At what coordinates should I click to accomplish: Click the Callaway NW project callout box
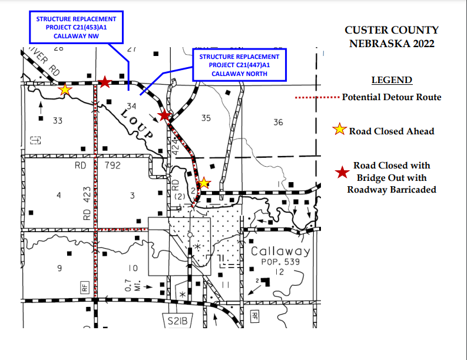pyautogui.click(x=77, y=27)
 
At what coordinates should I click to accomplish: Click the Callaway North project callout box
pyautogui.click(x=239, y=65)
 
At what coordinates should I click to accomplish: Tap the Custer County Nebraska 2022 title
pyautogui.click(x=392, y=37)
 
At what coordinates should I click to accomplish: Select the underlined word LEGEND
pyautogui.click(x=392, y=80)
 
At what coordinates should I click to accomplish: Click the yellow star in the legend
pyautogui.click(x=339, y=130)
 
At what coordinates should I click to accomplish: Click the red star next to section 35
pyautogui.click(x=164, y=115)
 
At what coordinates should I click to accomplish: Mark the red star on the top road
pyautogui.click(x=105, y=82)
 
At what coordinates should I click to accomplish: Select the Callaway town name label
pyautogui.click(x=280, y=252)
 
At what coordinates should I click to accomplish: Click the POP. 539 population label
pyautogui.click(x=280, y=262)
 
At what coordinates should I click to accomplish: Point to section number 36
pyautogui.click(x=278, y=122)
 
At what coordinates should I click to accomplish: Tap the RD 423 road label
pyautogui.click(x=87, y=208)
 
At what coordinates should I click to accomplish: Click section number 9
pyautogui.click(x=59, y=269)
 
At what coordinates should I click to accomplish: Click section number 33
pyautogui.click(x=58, y=121)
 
